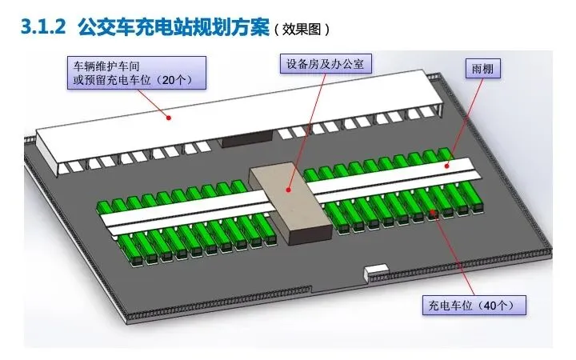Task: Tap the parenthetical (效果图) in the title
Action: (x=301, y=28)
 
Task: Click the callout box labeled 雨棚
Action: (x=483, y=69)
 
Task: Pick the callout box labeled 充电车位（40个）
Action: (x=473, y=305)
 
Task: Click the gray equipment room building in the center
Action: (x=290, y=204)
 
